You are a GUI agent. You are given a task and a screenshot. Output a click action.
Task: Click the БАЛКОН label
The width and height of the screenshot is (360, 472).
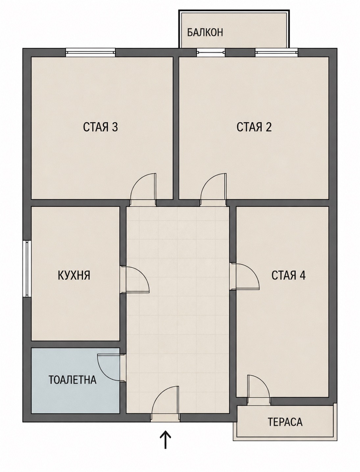pos(205,33)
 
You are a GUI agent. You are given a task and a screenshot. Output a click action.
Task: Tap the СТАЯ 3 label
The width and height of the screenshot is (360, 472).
pos(100,127)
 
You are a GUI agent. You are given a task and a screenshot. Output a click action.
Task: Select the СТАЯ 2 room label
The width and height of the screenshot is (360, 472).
pos(254,127)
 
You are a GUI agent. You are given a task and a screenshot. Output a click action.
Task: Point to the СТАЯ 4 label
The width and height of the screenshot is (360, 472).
pos(288,275)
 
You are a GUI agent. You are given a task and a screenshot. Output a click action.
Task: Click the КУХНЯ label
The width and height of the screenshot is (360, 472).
pos(74,275)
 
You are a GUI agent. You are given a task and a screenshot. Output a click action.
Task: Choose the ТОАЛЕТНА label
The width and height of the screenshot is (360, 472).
pos(72,380)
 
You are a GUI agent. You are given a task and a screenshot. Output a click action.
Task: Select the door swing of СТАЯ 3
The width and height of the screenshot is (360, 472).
pos(143,187)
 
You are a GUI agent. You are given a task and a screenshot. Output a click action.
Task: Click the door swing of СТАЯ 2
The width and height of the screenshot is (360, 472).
pos(213,187)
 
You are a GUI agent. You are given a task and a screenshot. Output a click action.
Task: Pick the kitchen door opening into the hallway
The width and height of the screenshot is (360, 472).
pos(137,279)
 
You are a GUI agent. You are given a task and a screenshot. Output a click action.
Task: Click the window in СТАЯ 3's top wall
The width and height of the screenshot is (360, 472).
pos(90,52)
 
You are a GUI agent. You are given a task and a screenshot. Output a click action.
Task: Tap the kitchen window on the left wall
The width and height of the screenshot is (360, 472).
pos(27,269)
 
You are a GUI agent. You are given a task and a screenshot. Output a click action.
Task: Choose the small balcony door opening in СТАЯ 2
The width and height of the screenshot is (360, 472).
pos(211,52)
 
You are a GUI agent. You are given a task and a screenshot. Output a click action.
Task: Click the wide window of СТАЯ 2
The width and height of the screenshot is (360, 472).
pos(276,52)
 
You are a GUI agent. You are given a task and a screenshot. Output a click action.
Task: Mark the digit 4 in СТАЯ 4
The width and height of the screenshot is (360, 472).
pos(302,275)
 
